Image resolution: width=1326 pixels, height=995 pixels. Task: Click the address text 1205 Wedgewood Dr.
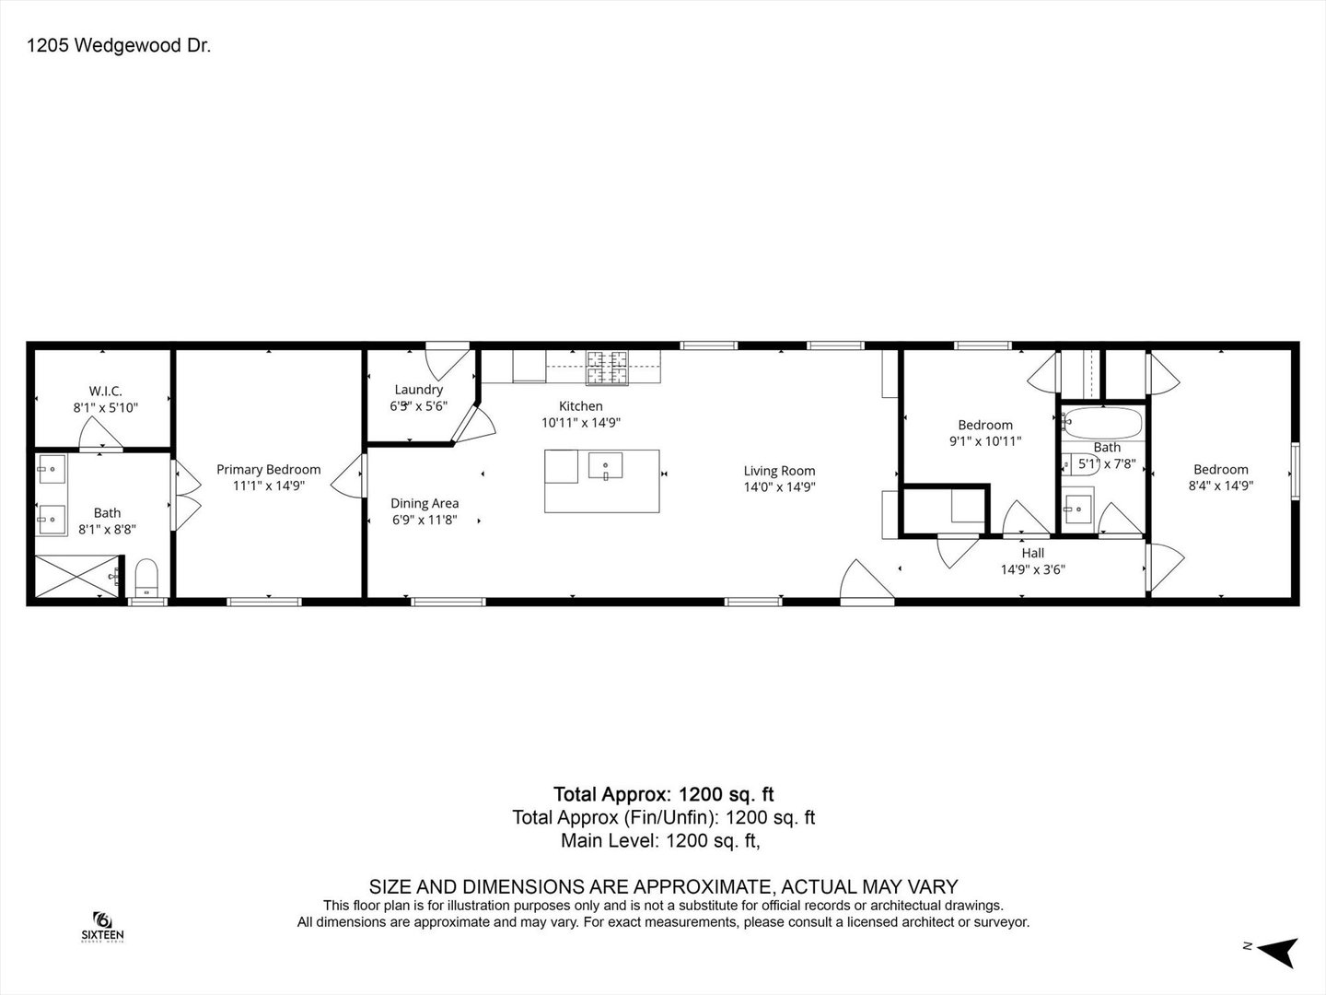click(119, 46)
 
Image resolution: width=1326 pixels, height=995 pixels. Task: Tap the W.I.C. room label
click(105, 392)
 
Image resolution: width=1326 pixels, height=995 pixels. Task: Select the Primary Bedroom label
click(268, 469)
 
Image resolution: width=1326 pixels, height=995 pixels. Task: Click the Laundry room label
click(418, 390)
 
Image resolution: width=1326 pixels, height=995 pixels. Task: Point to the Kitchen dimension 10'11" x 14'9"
click(580, 423)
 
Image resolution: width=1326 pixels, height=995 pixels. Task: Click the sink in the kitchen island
click(605, 467)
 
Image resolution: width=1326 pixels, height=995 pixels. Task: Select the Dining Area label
click(425, 503)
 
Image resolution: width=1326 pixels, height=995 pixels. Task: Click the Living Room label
click(779, 471)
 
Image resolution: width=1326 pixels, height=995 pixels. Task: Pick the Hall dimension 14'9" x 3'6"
click(1032, 569)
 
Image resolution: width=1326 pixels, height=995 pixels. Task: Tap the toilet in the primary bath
click(146, 579)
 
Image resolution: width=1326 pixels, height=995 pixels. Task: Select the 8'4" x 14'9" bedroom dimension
click(1220, 486)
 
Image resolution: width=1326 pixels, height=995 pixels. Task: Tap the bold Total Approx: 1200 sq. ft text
click(663, 794)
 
